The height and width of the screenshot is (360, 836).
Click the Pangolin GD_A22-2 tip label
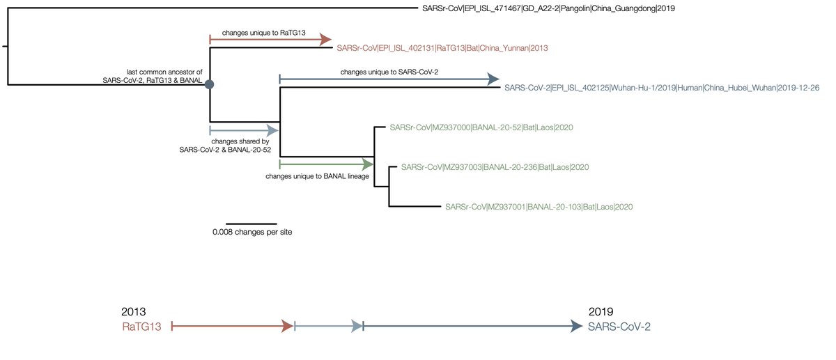point(548,9)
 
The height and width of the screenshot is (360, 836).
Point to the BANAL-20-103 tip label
point(539,207)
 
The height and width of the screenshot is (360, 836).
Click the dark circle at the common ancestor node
point(210,84)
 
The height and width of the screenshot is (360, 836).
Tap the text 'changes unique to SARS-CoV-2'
point(389,72)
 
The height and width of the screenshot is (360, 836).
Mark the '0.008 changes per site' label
point(252,232)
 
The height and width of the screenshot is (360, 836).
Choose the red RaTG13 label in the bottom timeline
point(143,326)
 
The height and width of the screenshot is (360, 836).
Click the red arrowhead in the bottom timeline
point(286,326)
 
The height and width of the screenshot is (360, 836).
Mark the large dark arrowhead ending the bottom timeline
point(576,326)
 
